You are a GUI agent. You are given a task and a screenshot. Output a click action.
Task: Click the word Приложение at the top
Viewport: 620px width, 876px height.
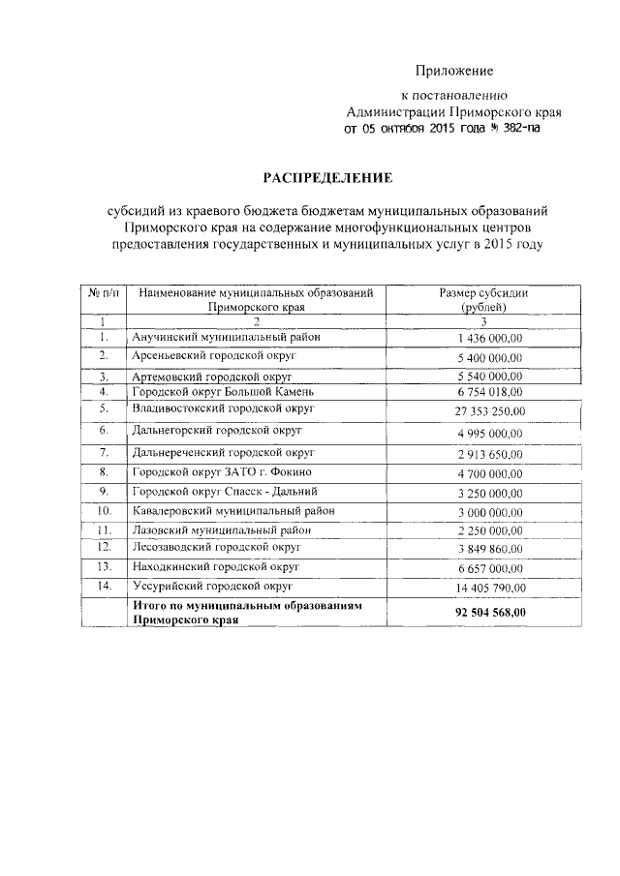454,71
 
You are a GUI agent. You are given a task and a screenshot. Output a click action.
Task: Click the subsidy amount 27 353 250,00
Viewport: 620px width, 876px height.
490,412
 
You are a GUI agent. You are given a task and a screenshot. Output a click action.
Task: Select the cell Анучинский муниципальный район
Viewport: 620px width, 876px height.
225,337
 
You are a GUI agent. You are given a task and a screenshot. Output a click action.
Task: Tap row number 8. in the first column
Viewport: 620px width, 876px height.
103,472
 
